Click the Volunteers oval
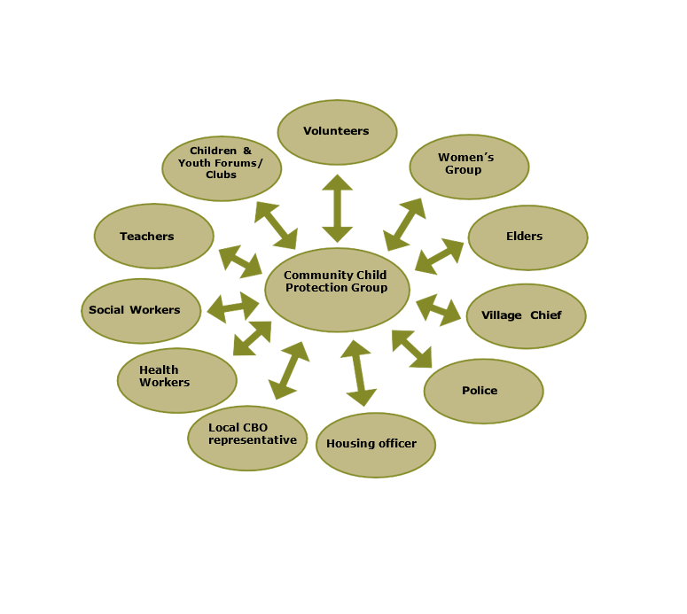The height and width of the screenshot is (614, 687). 337,132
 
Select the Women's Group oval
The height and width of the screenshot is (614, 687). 469,167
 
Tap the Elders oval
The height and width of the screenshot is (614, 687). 527,237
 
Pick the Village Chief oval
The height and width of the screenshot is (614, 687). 526,316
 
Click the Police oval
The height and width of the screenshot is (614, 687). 483,391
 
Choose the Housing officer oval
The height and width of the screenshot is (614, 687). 376,445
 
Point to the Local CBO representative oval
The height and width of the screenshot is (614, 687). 247,438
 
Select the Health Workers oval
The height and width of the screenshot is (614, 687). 176,380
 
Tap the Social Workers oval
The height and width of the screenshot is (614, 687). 141,311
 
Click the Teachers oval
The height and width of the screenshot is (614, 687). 153,237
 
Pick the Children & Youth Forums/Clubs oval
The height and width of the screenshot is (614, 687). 222,168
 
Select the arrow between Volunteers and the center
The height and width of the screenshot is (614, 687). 337,208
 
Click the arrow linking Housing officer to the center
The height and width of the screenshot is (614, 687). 358,373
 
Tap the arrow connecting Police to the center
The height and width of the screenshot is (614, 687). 411,348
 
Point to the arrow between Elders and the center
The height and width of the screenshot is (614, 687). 439,255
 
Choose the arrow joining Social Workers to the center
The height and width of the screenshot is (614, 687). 233,307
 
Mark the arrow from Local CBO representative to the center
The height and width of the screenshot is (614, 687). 288,369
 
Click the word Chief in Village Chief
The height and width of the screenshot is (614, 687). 546,315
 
